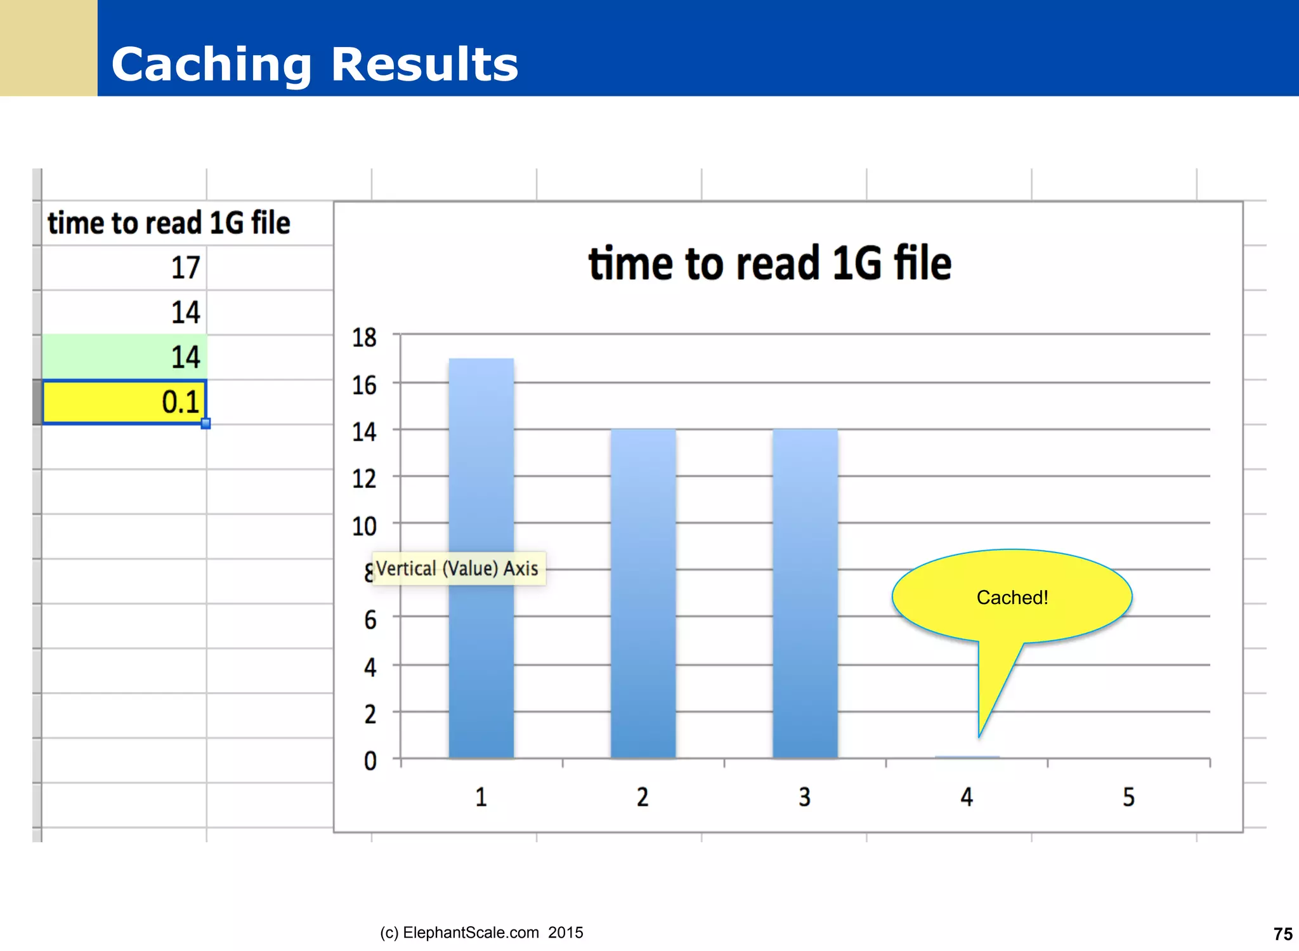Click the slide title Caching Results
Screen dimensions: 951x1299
click(315, 65)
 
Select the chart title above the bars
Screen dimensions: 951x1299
click(769, 263)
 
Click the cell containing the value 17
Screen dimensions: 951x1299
click(124, 268)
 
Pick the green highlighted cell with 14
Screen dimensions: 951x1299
click(124, 357)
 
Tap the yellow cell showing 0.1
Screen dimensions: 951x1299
click(124, 402)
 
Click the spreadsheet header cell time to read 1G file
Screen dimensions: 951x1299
click(169, 223)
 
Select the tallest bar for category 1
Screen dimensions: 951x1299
click(481, 558)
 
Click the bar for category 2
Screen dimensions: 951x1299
click(643, 593)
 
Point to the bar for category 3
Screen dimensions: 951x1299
click(804, 593)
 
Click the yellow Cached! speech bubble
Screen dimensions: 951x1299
click(1012, 597)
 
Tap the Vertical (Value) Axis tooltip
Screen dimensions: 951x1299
click(457, 568)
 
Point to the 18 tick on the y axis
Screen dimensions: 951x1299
click(364, 338)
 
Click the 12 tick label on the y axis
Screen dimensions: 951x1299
click(364, 479)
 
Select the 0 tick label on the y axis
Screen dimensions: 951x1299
click(370, 761)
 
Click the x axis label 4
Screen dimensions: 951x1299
click(966, 797)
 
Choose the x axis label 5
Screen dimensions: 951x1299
click(1128, 797)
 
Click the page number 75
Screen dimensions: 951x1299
click(1283, 934)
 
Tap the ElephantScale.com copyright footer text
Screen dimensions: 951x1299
click(481, 933)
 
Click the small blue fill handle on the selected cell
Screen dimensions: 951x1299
click(206, 424)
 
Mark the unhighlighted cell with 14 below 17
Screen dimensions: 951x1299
click(124, 312)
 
